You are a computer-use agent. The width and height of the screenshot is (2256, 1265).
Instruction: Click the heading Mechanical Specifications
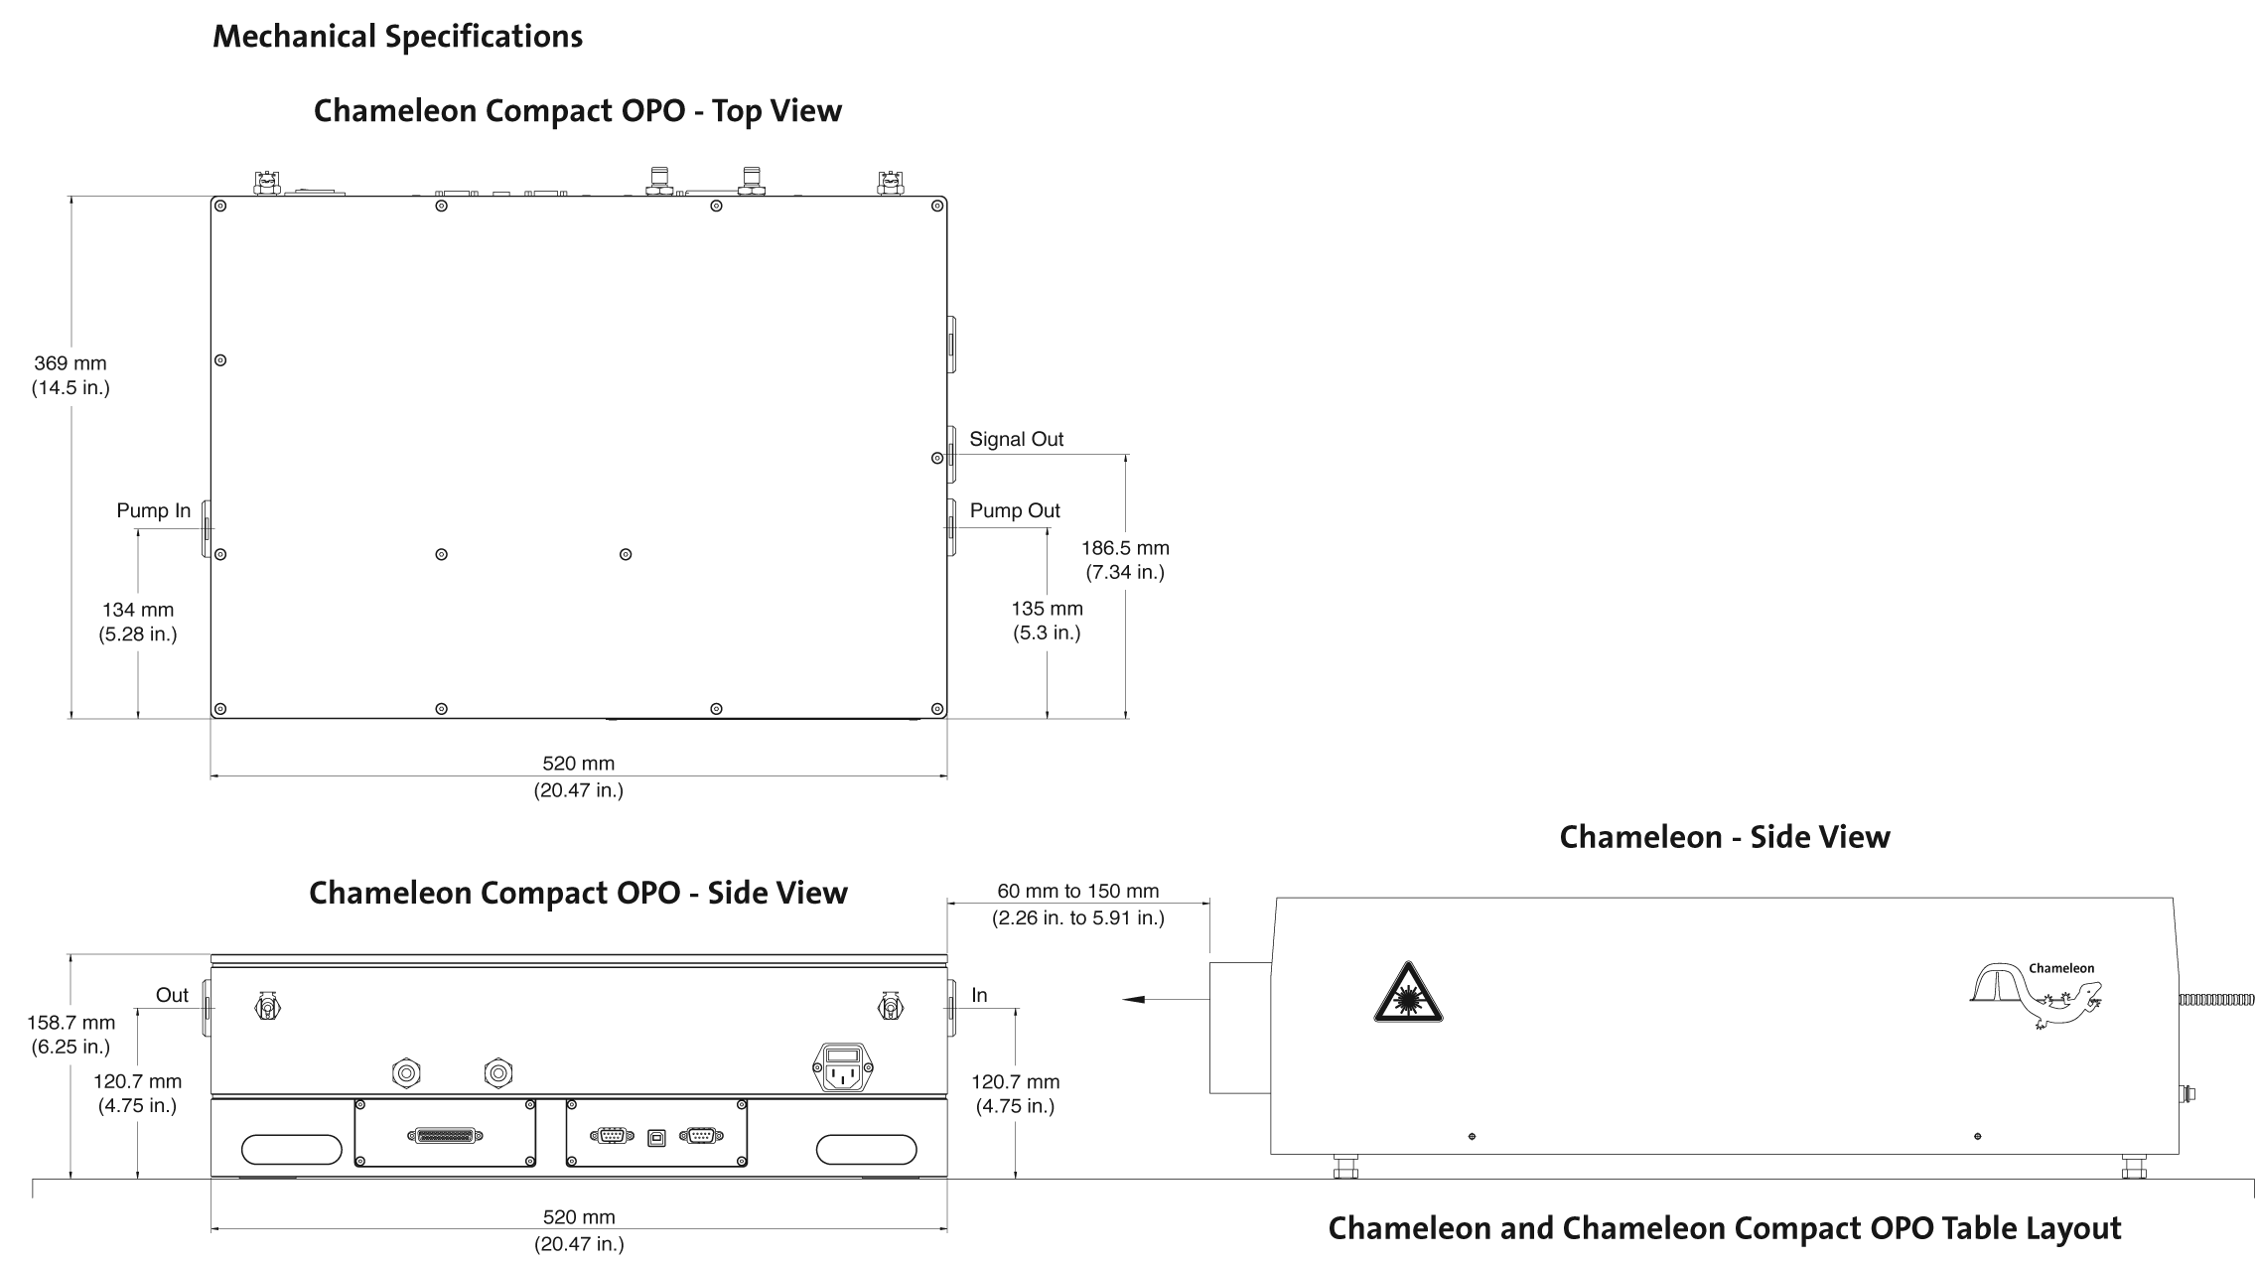coord(397,37)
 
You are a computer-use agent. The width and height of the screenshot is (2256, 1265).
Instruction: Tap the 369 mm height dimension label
coord(70,375)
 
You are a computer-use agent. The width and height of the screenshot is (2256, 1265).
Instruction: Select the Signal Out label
coord(1016,439)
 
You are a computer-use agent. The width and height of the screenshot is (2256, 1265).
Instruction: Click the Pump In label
coord(153,510)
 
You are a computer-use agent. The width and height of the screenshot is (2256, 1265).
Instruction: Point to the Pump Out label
coord(1015,510)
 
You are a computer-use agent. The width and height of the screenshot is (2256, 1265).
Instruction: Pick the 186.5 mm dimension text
coord(1125,559)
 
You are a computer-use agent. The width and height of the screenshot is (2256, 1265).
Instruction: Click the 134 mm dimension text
coord(138,622)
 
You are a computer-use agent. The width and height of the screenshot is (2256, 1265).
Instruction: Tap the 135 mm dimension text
coord(1047,621)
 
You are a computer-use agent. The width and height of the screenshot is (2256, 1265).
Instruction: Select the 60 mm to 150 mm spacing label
coord(1077,904)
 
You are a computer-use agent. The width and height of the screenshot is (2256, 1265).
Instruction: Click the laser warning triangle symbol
coord(1408,994)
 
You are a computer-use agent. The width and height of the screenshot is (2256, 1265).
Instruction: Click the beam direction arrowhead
coord(1133,1000)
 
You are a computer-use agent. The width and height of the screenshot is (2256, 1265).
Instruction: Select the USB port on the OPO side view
coord(656,1136)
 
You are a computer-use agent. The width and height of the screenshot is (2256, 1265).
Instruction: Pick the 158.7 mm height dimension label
coord(70,1034)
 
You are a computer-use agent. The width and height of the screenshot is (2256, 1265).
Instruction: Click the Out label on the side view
coord(172,995)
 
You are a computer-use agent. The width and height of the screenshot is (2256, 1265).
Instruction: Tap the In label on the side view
coord(979,995)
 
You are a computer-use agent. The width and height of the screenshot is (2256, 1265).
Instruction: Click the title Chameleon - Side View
coord(1724,837)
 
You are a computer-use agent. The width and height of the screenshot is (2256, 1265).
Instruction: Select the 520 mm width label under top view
coord(579,775)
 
